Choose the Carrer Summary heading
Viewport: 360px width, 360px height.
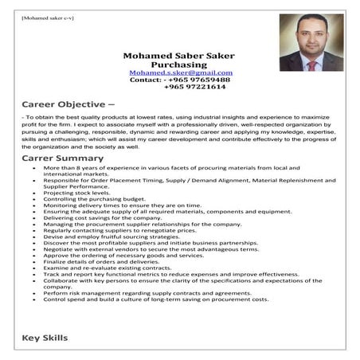coord(61,158)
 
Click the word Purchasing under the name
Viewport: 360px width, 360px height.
coord(179,65)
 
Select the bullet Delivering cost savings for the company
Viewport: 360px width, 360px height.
coord(96,217)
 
